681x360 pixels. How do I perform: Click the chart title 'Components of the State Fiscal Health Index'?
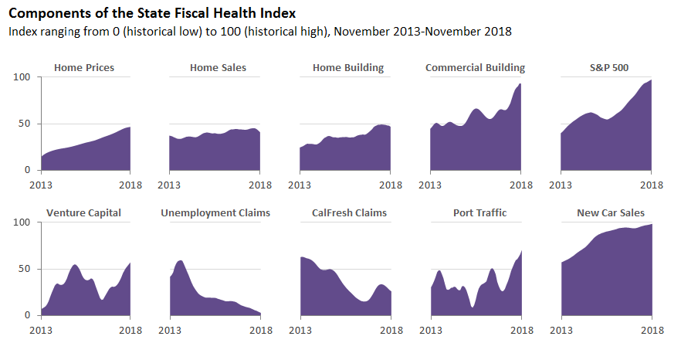coord(151,14)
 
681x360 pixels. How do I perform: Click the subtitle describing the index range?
coord(259,32)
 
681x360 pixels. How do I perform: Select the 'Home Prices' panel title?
coord(84,68)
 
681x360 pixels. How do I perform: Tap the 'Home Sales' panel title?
coord(218,68)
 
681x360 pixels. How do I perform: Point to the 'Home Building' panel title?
coord(347,68)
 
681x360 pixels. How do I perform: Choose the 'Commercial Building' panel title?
coord(475,68)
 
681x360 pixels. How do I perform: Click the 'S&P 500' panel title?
coord(608,68)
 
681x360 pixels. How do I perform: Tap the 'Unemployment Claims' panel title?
coord(215,213)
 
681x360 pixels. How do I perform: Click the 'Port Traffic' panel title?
coord(479,213)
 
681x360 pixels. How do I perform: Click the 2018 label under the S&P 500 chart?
coord(652,185)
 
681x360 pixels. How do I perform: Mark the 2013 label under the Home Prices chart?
coord(40,185)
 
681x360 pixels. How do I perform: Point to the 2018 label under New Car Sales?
coord(652,331)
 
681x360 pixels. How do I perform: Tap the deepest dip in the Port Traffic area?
coord(472,307)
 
